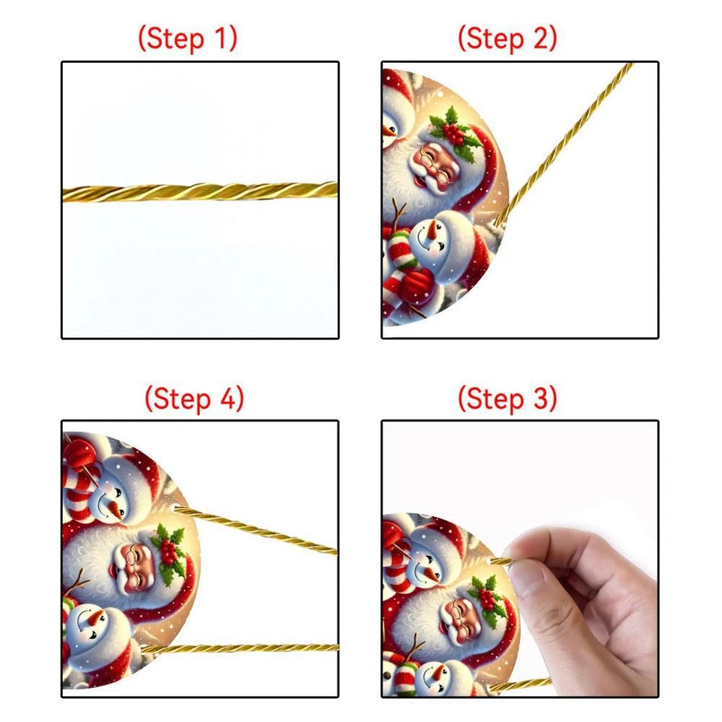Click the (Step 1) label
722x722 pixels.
pyautogui.click(x=188, y=38)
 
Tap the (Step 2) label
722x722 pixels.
pyautogui.click(x=508, y=38)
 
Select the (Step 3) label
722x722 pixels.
pyautogui.click(x=508, y=399)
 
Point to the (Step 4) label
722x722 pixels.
pyautogui.click(x=194, y=399)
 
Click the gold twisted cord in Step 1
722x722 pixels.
pyautogui.click(x=200, y=191)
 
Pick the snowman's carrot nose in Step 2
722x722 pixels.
pyautogui.click(x=432, y=232)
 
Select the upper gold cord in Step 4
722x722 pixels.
pyautogui.click(x=256, y=529)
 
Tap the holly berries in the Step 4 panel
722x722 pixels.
pyautogui.click(x=168, y=552)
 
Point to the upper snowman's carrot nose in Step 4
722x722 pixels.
pyautogui.click(x=113, y=509)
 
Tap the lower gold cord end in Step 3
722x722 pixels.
pyautogui.click(x=521, y=684)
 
